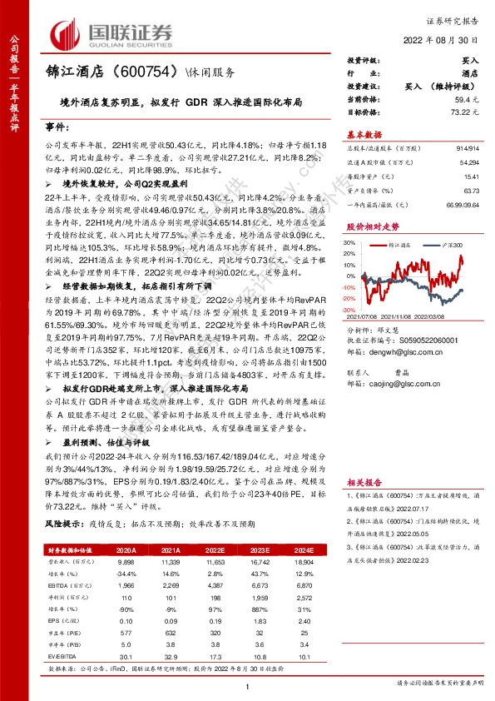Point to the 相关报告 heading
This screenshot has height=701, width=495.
pyautogui.click(x=364, y=482)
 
